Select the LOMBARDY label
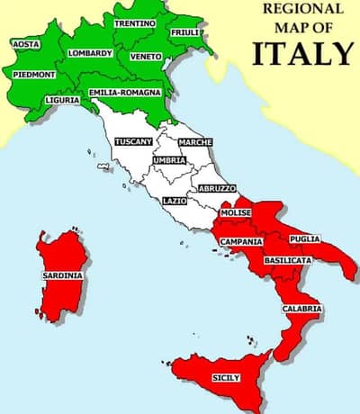point(90,53)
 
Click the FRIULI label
point(185,33)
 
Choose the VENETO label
point(146,56)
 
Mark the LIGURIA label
point(62,100)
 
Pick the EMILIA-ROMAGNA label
point(124,92)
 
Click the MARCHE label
point(195,143)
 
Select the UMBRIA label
point(170,160)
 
